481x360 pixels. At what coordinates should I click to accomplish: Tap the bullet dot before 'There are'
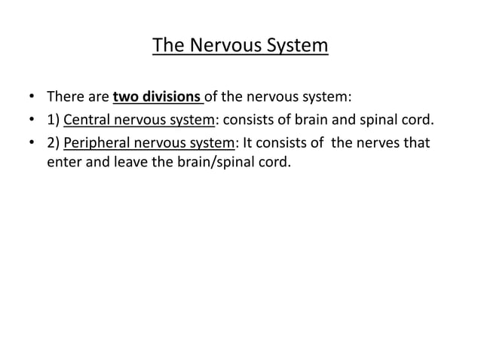30,98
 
